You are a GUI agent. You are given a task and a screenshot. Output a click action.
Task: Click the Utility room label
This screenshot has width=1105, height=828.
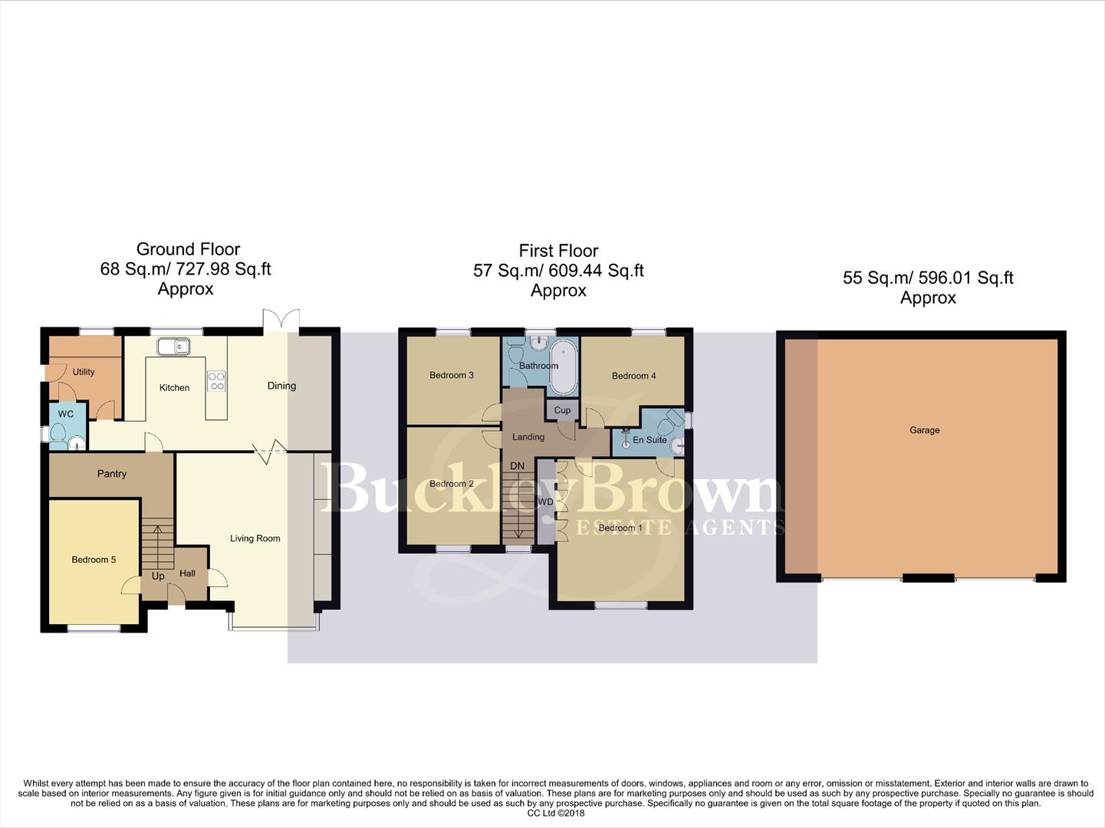(84, 372)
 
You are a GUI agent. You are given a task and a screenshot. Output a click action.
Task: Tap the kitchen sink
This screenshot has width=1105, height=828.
(174, 347)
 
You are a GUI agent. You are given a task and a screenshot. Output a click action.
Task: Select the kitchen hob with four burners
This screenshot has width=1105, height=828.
(217, 381)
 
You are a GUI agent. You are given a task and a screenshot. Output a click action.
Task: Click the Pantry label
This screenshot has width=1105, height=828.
(112, 474)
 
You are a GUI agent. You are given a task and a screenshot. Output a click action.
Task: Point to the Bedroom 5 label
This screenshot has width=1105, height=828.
(94, 560)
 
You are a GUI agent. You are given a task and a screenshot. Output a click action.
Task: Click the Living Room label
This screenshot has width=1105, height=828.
(255, 538)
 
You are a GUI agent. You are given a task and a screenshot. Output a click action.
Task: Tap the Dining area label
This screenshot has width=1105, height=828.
(281, 386)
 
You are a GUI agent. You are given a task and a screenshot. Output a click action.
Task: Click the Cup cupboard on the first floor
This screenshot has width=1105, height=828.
(562, 410)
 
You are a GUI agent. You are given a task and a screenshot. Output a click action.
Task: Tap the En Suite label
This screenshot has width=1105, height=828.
(650, 440)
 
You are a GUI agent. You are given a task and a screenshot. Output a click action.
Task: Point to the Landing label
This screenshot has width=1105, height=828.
(528, 437)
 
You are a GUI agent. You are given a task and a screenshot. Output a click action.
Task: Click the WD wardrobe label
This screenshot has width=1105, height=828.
(545, 502)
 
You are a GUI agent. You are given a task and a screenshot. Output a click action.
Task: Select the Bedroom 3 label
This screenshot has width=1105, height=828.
(452, 375)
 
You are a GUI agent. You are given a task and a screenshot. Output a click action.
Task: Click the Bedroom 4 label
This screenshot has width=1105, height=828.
(633, 376)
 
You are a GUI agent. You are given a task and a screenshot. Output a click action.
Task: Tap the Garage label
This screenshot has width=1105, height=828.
(924, 430)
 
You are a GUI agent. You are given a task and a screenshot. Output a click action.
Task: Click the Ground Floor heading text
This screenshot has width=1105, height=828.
(188, 249)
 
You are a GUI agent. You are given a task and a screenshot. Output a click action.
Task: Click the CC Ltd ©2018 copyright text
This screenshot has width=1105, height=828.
(555, 813)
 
